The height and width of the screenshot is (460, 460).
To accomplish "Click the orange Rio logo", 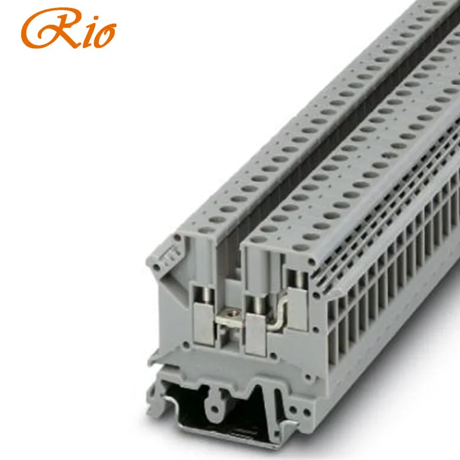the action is tap(68, 28).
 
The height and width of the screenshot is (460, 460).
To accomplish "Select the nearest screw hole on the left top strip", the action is tap(207, 229).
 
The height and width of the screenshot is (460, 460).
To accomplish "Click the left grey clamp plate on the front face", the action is tap(204, 323).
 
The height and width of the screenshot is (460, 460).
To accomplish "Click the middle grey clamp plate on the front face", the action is tap(255, 335).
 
